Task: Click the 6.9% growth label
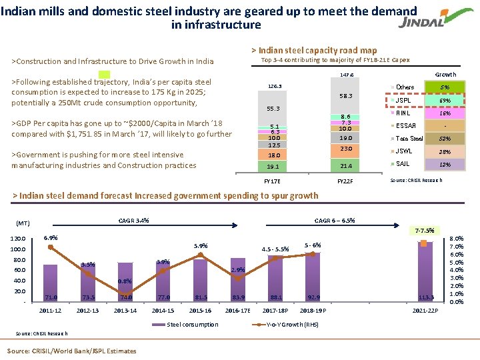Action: coord(51,238)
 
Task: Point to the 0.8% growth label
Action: coord(125,281)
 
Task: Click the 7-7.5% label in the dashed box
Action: coord(424,230)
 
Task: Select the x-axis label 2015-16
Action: coord(200,311)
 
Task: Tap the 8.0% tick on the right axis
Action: coord(459,239)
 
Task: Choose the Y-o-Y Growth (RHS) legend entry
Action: coord(287,325)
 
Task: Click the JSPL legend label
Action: coord(403,101)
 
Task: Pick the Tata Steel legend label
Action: coord(409,139)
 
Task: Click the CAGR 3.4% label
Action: coord(133,221)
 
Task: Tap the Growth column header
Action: coord(445,75)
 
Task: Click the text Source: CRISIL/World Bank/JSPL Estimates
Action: coord(71,351)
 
